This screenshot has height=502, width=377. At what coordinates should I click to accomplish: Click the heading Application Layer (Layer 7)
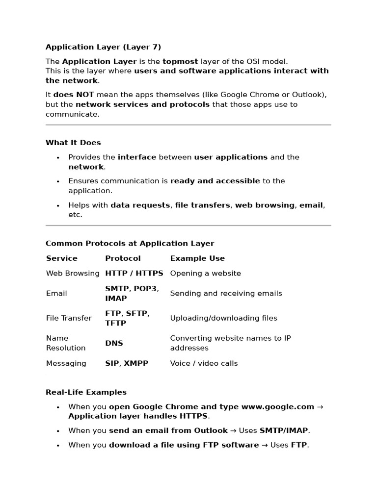[103, 47]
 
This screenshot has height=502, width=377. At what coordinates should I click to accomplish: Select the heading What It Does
[73, 143]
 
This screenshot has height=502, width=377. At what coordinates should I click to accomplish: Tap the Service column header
[62, 258]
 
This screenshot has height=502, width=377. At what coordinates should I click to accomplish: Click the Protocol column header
[123, 258]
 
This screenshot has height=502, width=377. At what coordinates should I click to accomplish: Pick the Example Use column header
[197, 258]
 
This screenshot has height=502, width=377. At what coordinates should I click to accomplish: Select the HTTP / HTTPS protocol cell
[134, 274]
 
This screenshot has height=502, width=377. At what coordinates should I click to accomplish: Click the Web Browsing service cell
[73, 274]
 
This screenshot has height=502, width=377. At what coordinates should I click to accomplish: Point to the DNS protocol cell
[114, 343]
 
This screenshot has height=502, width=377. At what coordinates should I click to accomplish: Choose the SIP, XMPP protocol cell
[127, 363]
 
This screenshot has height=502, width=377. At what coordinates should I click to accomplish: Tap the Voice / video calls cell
[204, 363]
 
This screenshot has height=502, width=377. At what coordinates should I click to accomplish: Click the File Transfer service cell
[69, 318]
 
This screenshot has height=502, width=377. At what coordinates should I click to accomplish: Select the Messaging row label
[66, 363]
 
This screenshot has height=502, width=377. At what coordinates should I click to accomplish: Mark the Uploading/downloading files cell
[223, 318]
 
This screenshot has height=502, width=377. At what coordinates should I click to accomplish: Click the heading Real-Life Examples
[86, 392]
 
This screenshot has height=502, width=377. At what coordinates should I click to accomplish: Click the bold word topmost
[180, 61]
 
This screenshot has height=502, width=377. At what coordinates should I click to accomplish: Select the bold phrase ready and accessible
[215, 181]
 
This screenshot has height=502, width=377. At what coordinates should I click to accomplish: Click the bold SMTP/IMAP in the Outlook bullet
[284, 430]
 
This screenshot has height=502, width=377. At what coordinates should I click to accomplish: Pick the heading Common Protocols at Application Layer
[130, 244]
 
